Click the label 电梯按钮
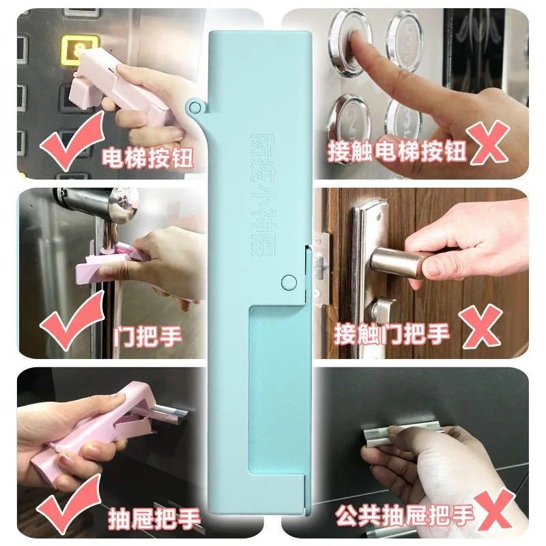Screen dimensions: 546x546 [x=147, y=158]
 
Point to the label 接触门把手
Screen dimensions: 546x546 [x=392, y=334]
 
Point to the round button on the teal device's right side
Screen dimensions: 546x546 [x=289, y=281]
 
